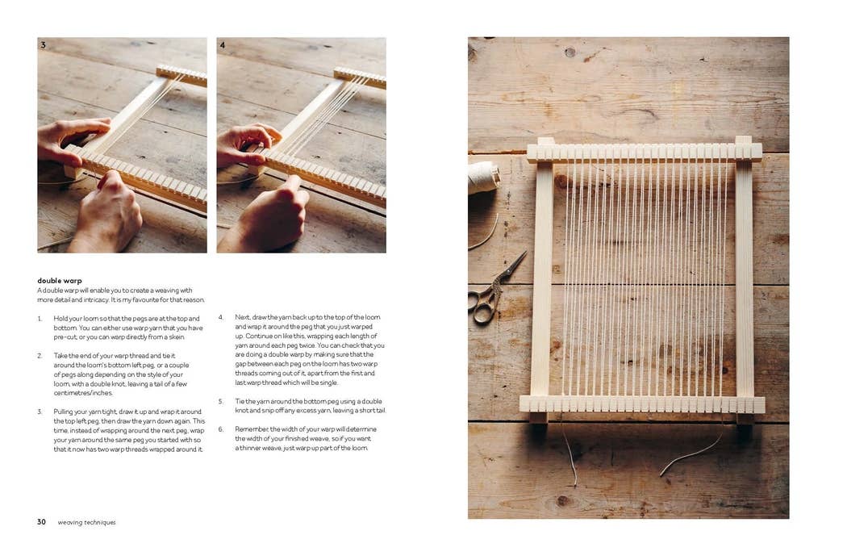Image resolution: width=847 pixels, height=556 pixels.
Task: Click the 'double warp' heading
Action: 60,281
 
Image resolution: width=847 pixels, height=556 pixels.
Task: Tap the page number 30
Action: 41,522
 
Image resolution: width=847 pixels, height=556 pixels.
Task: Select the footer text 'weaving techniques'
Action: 86,522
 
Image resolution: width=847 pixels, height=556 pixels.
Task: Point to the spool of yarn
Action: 482,178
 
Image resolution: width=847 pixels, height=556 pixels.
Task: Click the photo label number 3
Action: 43,45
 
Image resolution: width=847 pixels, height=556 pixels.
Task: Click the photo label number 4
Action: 222,45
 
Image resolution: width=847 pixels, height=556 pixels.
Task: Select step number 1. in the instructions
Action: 40,319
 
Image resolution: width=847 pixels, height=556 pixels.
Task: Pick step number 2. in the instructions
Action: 40,356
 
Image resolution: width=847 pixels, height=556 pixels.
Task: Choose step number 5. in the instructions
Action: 220,401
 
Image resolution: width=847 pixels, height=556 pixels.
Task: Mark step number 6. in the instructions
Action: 220,429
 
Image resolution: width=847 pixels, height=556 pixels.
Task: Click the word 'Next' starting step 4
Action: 242,318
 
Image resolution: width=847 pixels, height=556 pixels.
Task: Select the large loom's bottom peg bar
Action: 642,403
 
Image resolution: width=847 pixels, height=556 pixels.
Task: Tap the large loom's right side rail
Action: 744,278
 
